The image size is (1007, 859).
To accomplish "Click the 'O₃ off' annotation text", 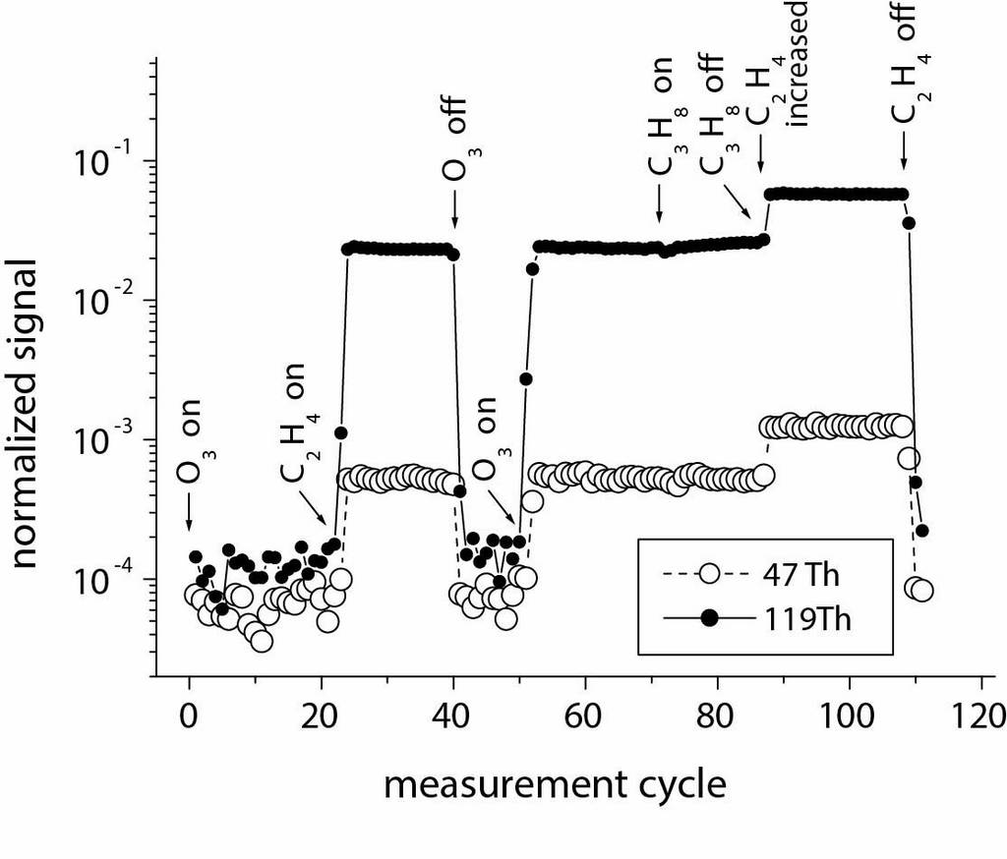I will coord(453,138).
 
